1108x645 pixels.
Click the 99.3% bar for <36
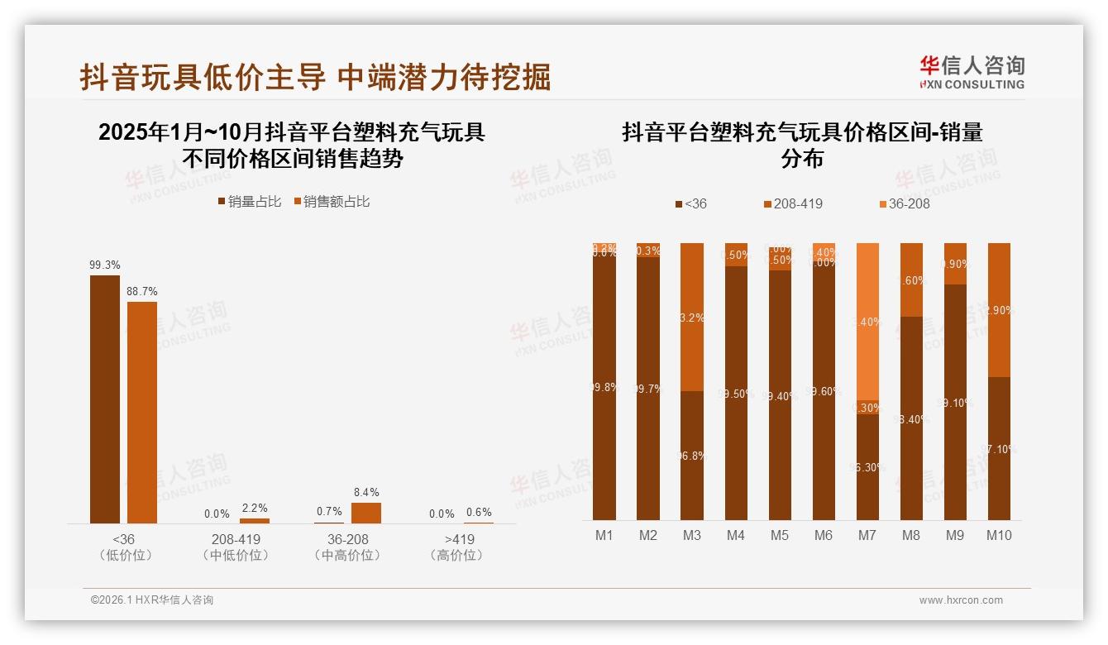105,399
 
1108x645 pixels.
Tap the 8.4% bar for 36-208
366,513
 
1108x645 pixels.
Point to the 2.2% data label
255,508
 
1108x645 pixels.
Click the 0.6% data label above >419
479,513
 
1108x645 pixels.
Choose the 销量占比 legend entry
250,202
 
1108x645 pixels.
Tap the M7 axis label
867,535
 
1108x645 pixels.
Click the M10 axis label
999,535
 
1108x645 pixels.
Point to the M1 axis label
604,535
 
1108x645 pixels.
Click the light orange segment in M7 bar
867,322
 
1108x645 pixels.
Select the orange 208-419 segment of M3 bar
692,317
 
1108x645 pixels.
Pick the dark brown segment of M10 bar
999,448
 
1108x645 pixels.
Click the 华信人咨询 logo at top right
972,73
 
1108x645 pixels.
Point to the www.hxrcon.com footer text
961,600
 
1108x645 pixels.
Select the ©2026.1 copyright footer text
152,600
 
